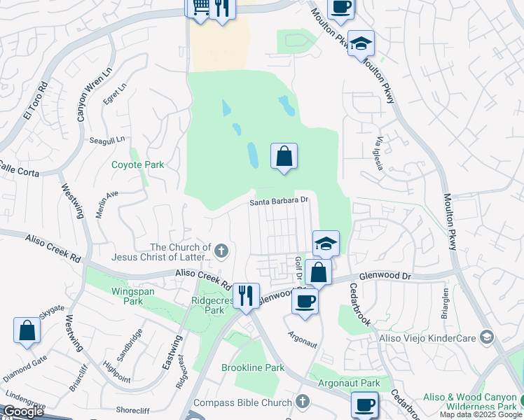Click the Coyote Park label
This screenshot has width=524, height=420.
(x=138, y=165)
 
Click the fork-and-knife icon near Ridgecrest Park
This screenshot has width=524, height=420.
(x=245, y=295)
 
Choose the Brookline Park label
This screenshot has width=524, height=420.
(x=253, y=367)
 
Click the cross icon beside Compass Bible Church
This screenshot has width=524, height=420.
(x=302, y=402)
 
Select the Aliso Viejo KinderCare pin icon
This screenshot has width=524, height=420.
(x=486, y=338)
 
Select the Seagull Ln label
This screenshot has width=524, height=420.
(x=106, y=140)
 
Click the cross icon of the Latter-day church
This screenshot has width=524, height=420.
(x=221, y=250)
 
